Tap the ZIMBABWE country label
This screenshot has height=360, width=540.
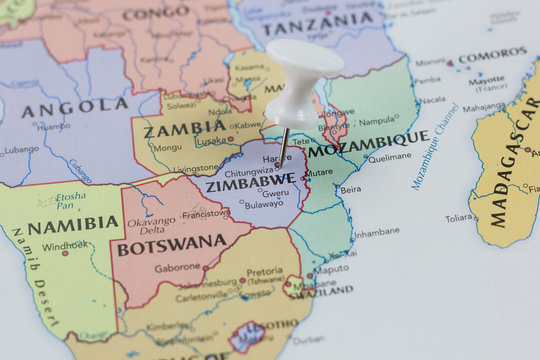(250, 182)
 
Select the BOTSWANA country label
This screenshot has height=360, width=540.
(172, 244)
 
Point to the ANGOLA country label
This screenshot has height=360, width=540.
(75, 108)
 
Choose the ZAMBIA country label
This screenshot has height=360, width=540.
(184, 129)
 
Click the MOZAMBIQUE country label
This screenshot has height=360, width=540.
(368, 144)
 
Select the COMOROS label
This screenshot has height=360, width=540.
(493, 53)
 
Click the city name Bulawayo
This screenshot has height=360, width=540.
(264, 204)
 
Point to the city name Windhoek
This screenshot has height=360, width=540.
(65, 245)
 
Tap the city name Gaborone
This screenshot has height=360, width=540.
(178, 267)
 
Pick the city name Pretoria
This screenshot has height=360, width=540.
(265, 271)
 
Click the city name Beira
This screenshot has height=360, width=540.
(351, 189)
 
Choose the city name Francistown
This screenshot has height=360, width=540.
(205, 213)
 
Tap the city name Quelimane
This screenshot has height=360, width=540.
(390, 157)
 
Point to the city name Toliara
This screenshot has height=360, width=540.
(460, 217)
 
